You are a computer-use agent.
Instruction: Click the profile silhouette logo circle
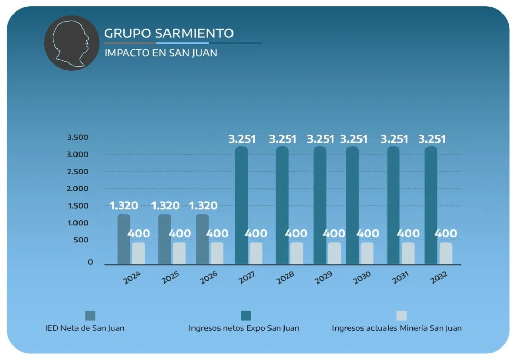tap(71, 43)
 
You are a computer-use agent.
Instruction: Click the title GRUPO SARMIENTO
tap(169, 33)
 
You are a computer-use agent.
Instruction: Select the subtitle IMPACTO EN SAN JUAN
tap(161, 53)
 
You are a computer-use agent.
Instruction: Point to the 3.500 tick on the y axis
tap(78, 137)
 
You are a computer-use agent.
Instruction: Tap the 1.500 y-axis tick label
tap(78, 206)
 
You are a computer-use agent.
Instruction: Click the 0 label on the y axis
tap(90, 262)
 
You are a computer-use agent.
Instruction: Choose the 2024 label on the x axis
tap(132, 278)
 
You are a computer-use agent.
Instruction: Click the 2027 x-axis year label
tap(247, 278)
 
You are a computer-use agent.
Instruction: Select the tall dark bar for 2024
tap(123, 239)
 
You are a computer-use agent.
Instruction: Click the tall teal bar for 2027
tap(241, 205)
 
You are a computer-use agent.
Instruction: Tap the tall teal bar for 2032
tap(431, 205)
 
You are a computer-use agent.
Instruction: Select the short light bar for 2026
tap(217, 253)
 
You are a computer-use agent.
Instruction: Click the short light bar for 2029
tap(334, 253)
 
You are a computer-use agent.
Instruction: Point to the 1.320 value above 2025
tap(165, 205)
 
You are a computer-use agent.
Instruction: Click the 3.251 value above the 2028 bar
tap(282, 139)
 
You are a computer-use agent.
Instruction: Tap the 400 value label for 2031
tap(408, 233)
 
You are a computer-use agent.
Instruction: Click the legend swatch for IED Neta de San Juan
tap(90, 316)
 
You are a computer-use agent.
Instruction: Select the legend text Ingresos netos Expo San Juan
tap(244, 328)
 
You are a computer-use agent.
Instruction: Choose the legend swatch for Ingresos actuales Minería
tap(401, 316)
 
